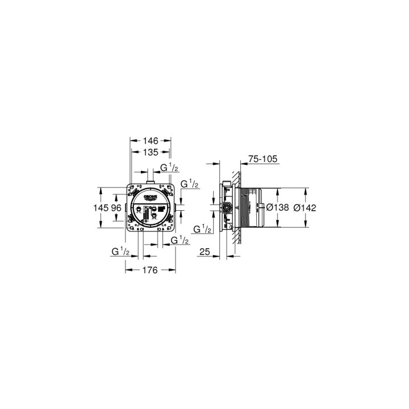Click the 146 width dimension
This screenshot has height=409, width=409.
151,140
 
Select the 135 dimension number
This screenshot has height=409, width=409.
151,152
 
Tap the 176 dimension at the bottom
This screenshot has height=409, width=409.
149,270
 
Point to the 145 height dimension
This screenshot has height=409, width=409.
101,208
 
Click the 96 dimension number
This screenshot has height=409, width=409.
116,208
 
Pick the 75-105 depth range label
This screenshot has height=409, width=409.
262,160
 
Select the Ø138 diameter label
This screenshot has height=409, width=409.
278,208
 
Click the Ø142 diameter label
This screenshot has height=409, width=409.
306,208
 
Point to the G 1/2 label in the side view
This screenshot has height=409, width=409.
202,229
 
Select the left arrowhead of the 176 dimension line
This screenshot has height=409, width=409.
127,270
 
